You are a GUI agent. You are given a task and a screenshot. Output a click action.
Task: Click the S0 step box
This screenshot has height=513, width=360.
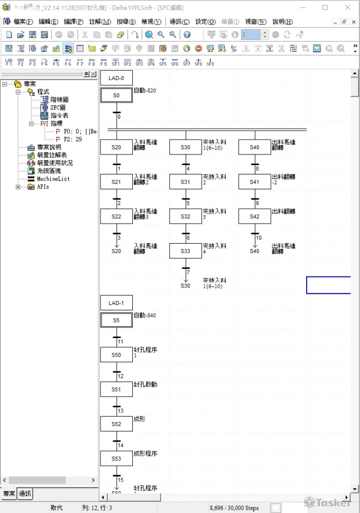coord(116,96)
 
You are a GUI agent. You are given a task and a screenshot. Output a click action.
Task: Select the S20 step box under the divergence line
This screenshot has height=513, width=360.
coord(116,147)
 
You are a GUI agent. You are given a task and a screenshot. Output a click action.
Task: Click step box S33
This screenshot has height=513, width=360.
coord(186,251)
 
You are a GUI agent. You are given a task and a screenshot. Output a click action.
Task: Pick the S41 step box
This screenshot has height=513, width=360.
coord(254,182)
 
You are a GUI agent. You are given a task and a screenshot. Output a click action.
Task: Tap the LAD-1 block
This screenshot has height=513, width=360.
coord(116,303)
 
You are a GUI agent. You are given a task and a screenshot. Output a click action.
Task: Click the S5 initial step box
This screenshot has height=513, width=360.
coord(116,320)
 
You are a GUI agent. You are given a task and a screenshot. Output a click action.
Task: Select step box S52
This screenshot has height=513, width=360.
coord(116,424)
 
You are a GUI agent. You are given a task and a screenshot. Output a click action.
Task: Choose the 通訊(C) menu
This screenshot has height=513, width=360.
coord(179,22)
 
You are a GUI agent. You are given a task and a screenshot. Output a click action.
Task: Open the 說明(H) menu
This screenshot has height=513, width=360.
coord(282,22)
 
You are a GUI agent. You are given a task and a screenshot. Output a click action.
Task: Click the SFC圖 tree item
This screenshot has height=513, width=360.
coord(57,108)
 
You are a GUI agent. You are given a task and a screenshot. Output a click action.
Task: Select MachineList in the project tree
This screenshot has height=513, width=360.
coord(53,179)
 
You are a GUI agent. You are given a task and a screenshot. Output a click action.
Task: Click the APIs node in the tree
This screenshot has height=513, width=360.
coord(43,187)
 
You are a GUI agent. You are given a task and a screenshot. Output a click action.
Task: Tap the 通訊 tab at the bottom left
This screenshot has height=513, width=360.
coord(25,494)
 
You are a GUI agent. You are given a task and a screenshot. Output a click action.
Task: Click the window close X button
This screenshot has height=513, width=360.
coord(348,8)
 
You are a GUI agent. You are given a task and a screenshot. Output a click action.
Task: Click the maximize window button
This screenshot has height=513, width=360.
coord(325,8)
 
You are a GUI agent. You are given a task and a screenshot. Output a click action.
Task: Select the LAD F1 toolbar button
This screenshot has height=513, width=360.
coord(9,62)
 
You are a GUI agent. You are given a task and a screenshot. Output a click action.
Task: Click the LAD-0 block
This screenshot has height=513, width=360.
coord(116,78)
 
